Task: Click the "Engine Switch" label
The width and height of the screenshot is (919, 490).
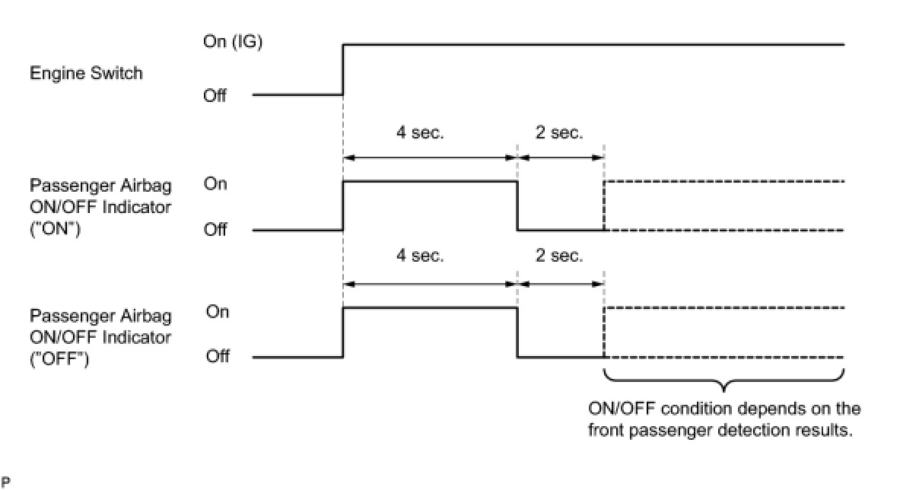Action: point(85,74)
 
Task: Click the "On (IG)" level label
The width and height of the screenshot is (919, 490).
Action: point(232,43)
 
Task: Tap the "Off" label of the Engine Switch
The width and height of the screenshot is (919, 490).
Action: point(215,96)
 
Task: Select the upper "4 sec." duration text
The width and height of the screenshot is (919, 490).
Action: point(420,132)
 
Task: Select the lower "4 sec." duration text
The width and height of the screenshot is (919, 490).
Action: point(420,256)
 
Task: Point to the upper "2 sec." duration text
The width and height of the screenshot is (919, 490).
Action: point(559,132)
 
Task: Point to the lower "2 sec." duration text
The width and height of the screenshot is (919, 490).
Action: point(559,256)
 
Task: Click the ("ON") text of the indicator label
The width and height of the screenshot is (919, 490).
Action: point(56,228)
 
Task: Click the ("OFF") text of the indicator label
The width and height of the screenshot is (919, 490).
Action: point(60,357)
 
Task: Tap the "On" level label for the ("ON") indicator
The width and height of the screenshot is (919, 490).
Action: point(215,184)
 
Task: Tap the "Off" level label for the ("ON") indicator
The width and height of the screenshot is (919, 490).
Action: point(215,230)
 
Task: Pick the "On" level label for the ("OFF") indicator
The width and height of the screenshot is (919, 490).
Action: point(217,312)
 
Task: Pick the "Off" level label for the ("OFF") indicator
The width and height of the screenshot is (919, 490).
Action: point(217,356)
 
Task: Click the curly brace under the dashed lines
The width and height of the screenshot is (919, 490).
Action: point(723,380)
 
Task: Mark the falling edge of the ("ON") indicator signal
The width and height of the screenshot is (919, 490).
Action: point(517,205)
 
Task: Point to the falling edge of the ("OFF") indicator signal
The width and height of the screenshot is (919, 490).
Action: point(517,332)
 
